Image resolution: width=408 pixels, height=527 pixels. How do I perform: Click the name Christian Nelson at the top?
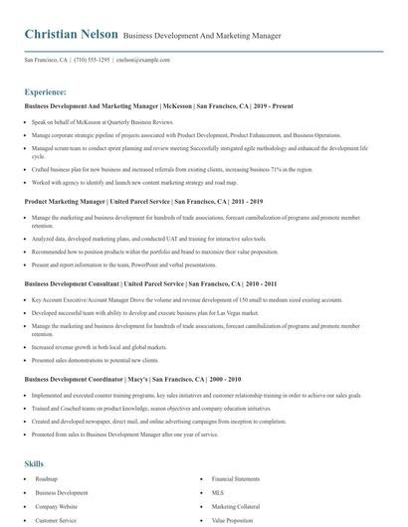pyautogui.click(x=67, y=35)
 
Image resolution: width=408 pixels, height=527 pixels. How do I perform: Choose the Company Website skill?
pyautogui.click(x=58, y=506)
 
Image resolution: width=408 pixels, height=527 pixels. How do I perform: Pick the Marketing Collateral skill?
pyautogui.click(x=235, y=506)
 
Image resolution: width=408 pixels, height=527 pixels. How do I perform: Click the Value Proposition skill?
pyautogui.click(x=233, y=519)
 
